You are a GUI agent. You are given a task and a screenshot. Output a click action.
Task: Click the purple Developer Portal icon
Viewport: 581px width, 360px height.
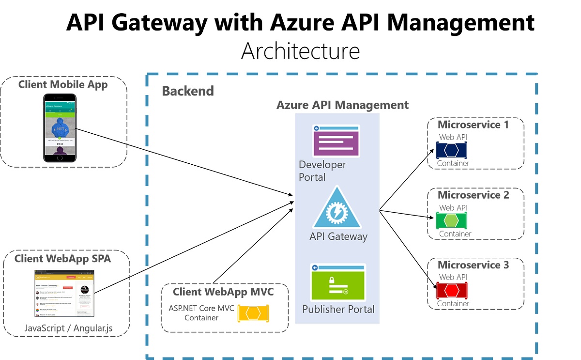336,141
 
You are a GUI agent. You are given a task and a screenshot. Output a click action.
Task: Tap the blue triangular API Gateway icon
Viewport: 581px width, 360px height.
336,209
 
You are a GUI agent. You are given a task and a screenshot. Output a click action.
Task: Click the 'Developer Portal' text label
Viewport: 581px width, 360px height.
322,171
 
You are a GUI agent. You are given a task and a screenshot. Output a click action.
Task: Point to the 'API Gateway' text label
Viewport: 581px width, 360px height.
338,236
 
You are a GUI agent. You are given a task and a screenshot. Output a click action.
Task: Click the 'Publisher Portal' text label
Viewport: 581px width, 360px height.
338,309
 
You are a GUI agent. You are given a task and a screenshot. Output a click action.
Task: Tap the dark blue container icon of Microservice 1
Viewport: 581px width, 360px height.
451,150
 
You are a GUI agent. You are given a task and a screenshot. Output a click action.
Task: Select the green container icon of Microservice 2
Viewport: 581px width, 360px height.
451,221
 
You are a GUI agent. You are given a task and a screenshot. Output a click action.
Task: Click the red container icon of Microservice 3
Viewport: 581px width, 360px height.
451,291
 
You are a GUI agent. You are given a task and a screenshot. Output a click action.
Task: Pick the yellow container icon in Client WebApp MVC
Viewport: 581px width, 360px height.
253,313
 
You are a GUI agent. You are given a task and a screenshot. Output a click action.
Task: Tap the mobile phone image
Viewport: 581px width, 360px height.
60,128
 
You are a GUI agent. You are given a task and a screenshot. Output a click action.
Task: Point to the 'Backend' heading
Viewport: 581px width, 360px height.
188,91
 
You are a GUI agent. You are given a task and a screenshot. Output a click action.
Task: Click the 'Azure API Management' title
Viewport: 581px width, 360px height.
342,105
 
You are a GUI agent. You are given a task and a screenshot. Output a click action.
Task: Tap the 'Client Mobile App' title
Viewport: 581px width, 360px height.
63,85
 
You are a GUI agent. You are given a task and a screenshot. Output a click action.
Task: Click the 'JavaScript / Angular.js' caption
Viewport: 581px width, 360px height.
68,328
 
